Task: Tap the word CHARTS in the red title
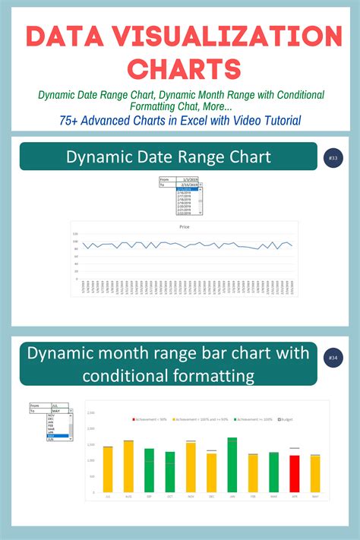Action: pos(180,68)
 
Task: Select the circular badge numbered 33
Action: pos(333,157)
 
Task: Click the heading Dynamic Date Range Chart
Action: pos(168,157)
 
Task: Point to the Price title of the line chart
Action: pos(184,227)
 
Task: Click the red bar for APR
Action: pos(294,474)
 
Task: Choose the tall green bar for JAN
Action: pos(232,465)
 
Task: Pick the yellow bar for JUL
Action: pos(108,469)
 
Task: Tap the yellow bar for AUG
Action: pos(128,466)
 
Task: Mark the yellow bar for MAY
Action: pos(314,474)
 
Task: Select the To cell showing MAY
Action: pos(60,411)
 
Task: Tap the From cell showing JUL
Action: pos(60,406)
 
